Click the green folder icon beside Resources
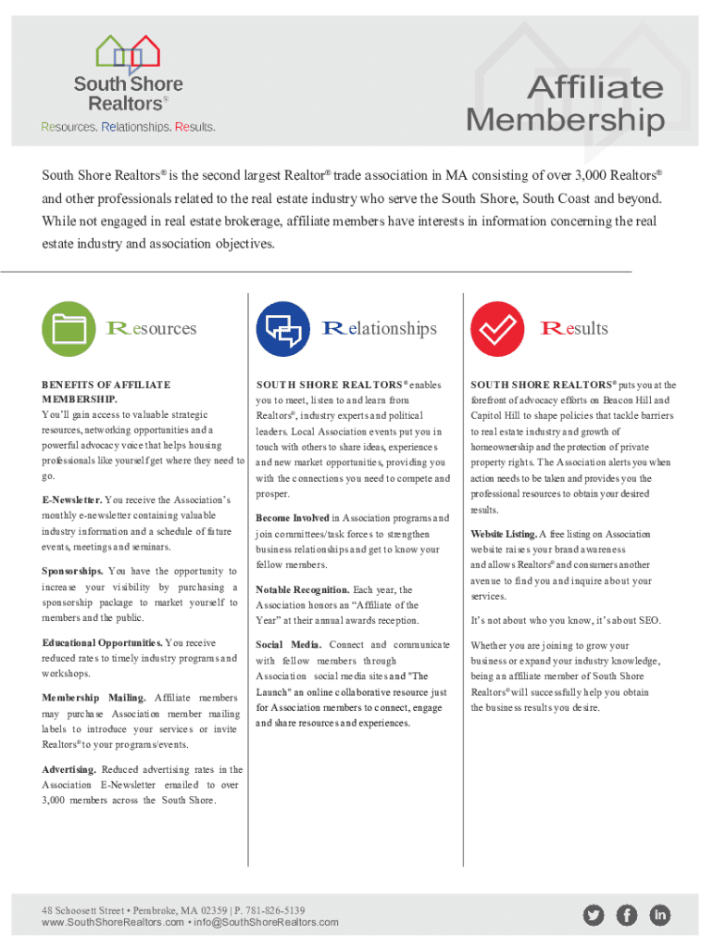pos(70,329)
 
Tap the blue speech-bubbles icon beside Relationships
pos(283,329)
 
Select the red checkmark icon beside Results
pos(498,329)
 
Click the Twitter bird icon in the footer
pos(594,916)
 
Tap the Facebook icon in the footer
pos(627,916)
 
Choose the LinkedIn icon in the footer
pos(659,916)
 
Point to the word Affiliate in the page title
pos(594,88)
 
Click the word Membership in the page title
pos(565,120)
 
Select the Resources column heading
pos(152,328)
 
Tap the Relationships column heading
pos(379,328)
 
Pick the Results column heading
pos(574,328)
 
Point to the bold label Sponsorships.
pos(72,571)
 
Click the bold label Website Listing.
pos(503,535)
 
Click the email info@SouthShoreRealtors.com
pos(266,922)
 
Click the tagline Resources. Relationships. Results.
pos(128,126)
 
